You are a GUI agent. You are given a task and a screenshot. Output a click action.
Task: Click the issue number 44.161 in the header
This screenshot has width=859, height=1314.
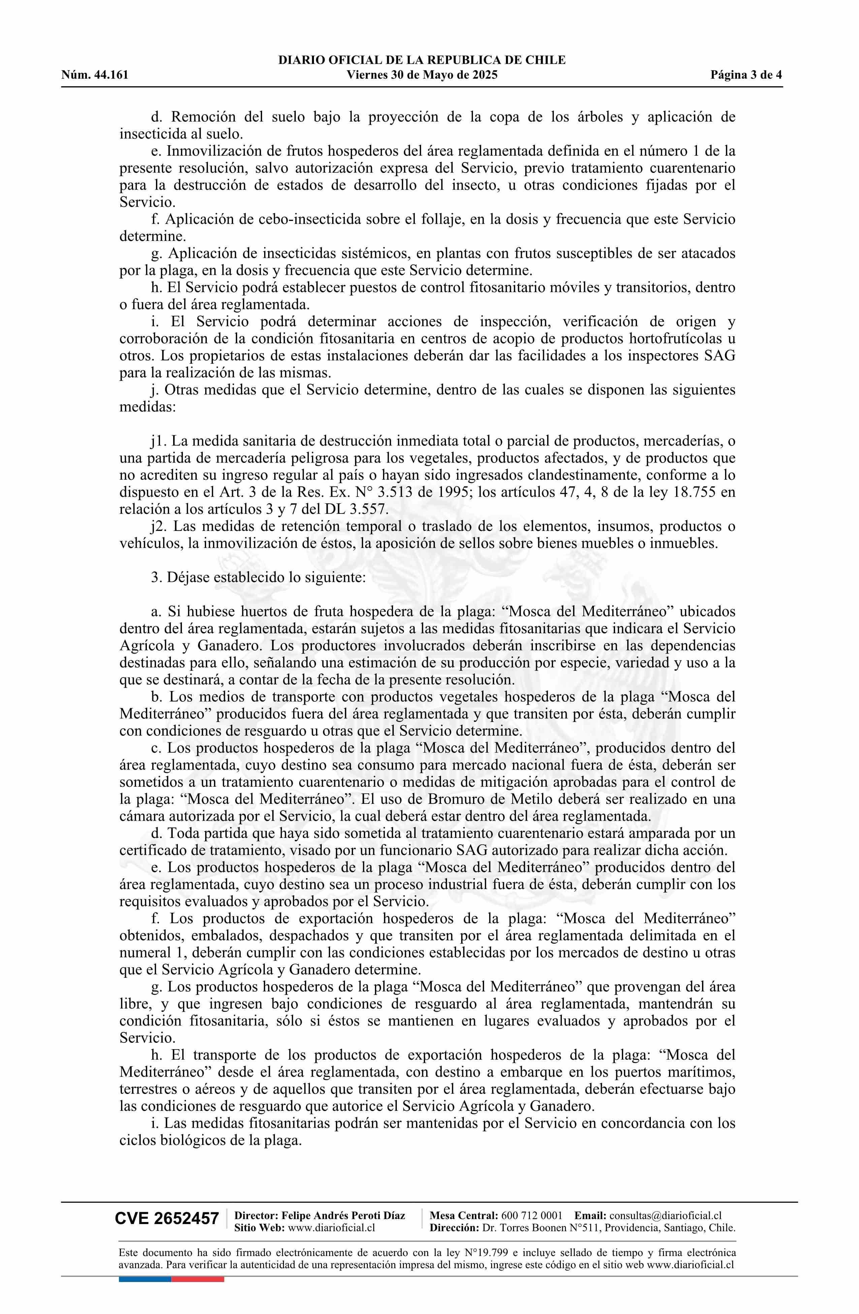pyautogui.click(x=109, y=75)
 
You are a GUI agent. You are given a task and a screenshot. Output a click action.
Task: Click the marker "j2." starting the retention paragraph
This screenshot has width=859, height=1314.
pyautogui.click(x=159, y=526)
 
